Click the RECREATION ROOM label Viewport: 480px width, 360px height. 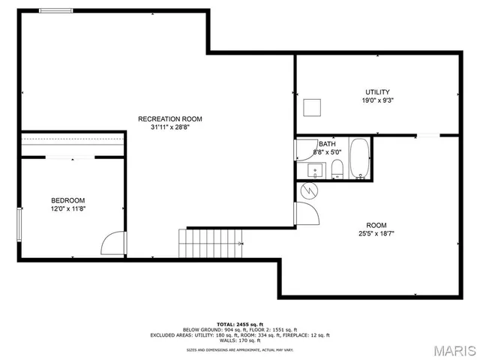(169, 118)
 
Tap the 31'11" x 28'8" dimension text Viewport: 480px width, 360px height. (169, 127)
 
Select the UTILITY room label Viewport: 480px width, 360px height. (377, 92)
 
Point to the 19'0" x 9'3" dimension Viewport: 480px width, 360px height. (377, 100)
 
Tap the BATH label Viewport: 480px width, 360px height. (327, 144)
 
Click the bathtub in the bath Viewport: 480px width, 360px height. (360, 159)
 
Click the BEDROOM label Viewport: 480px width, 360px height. (67, 200)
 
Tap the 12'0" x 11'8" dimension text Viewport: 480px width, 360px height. (67, 208)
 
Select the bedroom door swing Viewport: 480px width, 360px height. (111, 244)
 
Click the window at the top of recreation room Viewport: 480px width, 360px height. (56, 10)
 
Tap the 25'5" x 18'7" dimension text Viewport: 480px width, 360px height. (376, 233)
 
